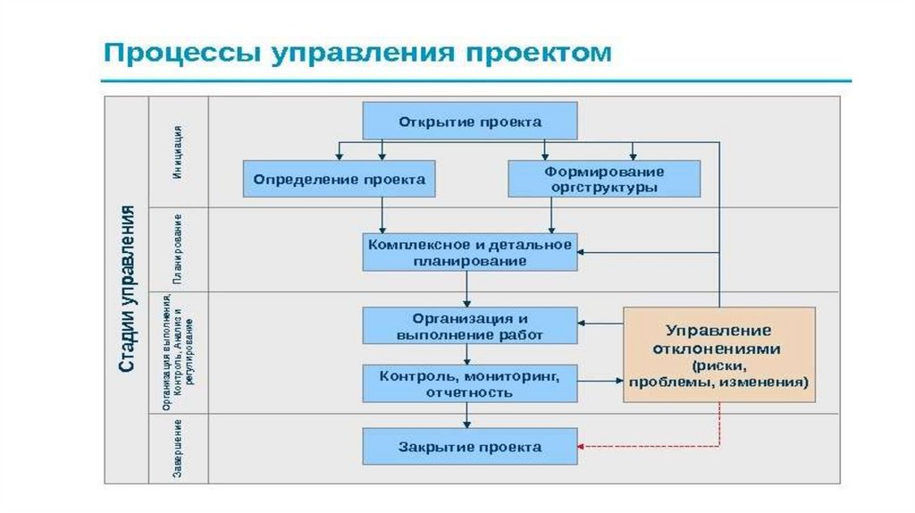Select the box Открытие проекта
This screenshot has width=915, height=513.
[470, 121]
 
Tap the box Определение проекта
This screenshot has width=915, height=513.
[339, 179]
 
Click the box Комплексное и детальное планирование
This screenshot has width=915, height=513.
[470, 252]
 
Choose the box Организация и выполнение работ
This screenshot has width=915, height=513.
[470, 325]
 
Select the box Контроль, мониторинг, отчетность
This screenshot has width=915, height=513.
[470, 383]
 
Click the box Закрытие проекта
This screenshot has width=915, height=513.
[470, 446]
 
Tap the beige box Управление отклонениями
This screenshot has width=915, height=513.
[718, 354]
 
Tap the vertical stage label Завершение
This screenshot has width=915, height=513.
[179, 447]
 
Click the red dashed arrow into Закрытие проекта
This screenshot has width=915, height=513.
[652, 446]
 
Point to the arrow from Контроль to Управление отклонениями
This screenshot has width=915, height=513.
[600, 382]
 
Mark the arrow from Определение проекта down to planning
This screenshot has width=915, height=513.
[382, 214]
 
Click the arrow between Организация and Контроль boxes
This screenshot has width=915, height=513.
[467, 354]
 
